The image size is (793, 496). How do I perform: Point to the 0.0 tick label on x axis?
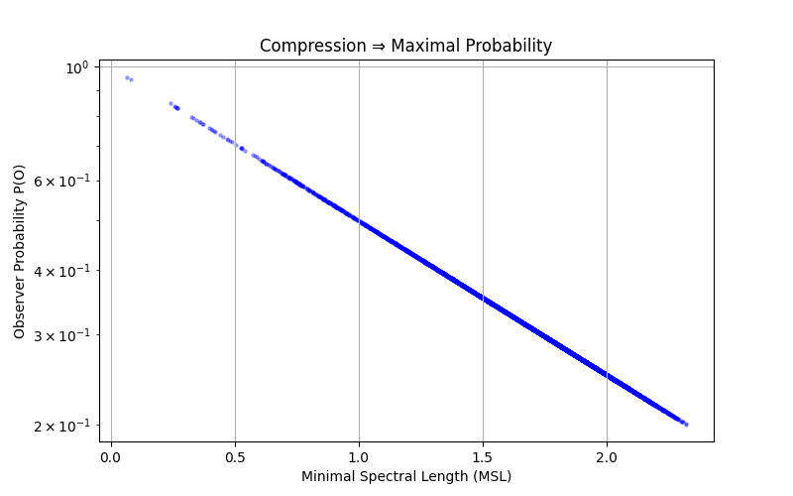pyautogui.click(x=111, y=458)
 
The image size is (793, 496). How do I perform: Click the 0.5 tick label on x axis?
pyautogui.click(x=235, y=458)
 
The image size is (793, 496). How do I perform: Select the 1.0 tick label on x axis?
pyautogui.click(x=359, y=458)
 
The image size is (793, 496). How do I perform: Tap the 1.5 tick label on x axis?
pyautogui.click(x=483, y=458)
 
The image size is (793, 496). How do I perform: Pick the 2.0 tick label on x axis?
pyautogui.click(x=607, y=458)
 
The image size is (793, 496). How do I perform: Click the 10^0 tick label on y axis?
pyautogui.click(x=76, y=67)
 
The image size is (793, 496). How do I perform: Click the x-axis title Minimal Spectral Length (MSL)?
pyautogui.click(x=406, y=477)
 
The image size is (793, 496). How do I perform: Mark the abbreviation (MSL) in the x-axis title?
pyautogui.click(x=493, y=477)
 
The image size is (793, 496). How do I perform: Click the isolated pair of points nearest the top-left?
pyautogui.click(x=129, y=78)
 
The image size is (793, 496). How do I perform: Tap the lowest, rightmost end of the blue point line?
pyautogui.click(x=685, y=424)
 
